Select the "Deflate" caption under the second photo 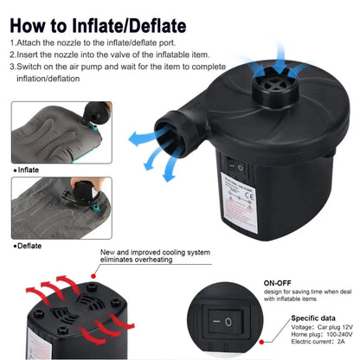click(31, 246)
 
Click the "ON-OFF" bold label click(279, 282)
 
